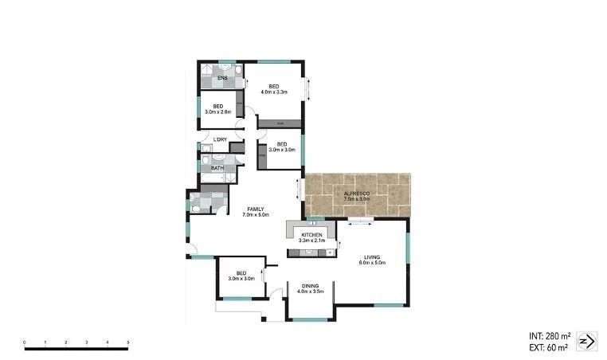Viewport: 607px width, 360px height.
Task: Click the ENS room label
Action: tap(222, 78)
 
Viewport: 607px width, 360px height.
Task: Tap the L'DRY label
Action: tap(220, 140)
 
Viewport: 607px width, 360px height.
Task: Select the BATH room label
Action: tap(217, 168)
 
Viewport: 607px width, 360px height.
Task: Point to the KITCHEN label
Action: tap(311, 235)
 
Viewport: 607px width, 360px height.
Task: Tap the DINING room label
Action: tap(310, 285)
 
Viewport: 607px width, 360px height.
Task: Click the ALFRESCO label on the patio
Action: tap(355, 194)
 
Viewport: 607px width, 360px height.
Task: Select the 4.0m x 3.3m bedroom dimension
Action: tap(273, 92)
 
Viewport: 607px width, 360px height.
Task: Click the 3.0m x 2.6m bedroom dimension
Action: tap(217, 112)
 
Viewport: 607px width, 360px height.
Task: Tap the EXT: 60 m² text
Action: tap(549, 347)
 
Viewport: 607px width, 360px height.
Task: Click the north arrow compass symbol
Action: tap(585, 341)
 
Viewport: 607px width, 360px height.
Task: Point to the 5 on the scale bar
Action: tap(128, 342)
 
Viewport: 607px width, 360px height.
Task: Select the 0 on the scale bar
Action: tap(25, 342)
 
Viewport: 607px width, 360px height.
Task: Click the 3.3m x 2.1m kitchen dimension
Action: tap(311, 241)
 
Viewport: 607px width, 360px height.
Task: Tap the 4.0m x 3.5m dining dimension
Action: tap(310, 292)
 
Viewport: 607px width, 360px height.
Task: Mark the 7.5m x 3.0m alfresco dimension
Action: tap(355, 200)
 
